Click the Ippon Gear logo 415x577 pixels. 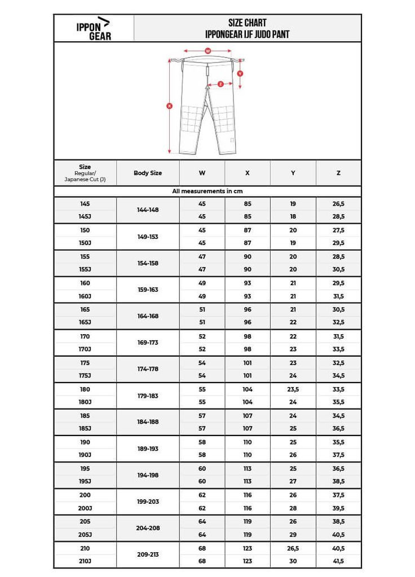pos(94,28)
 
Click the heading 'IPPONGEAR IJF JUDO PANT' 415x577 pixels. pos(248,34)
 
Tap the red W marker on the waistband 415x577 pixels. pos(207,51)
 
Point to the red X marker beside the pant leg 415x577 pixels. pos(170,105)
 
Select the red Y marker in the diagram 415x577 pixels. pos(240,73)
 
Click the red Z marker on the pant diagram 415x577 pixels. pos(220,83)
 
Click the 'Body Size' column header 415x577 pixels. pos(148,173)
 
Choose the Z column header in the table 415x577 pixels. pos(338,173)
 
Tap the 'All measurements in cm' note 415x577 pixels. pos(207,192)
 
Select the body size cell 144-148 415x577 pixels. pos(148,210)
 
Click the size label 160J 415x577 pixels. pos(85,296)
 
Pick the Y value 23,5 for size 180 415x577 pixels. pos(293,389)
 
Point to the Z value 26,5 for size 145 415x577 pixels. pos(338,204)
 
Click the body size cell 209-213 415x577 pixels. pos(148,554)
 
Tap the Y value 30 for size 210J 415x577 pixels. pos(293,561)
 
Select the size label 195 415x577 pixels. pos(85,469)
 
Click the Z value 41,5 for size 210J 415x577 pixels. pos(338,561)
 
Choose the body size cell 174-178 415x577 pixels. pos(148,369)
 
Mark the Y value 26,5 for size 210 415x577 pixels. pos(293,548)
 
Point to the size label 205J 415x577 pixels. pos(85,534)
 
